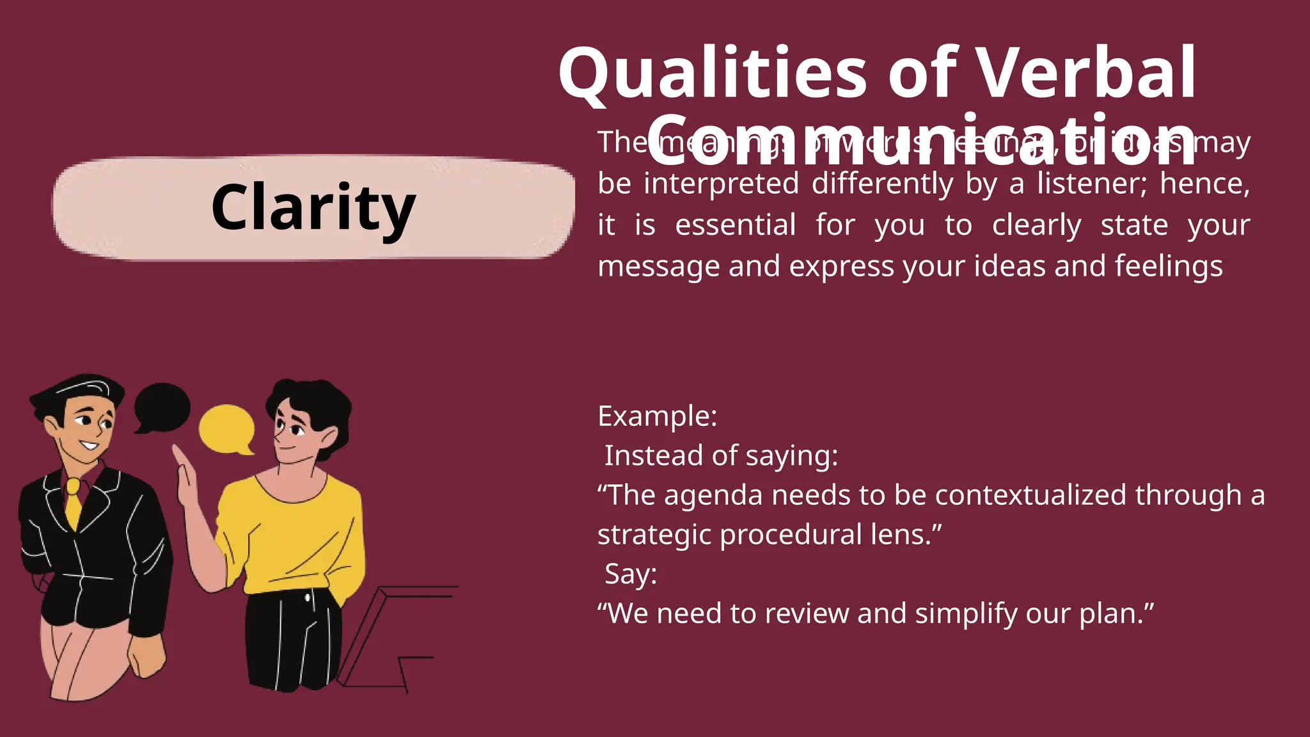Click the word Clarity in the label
point(313,207)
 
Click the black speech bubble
point(162,406)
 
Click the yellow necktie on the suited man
point(74,505)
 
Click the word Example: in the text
point(657,416)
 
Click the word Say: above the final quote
point(631,574)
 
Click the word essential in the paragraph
point(735,225)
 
